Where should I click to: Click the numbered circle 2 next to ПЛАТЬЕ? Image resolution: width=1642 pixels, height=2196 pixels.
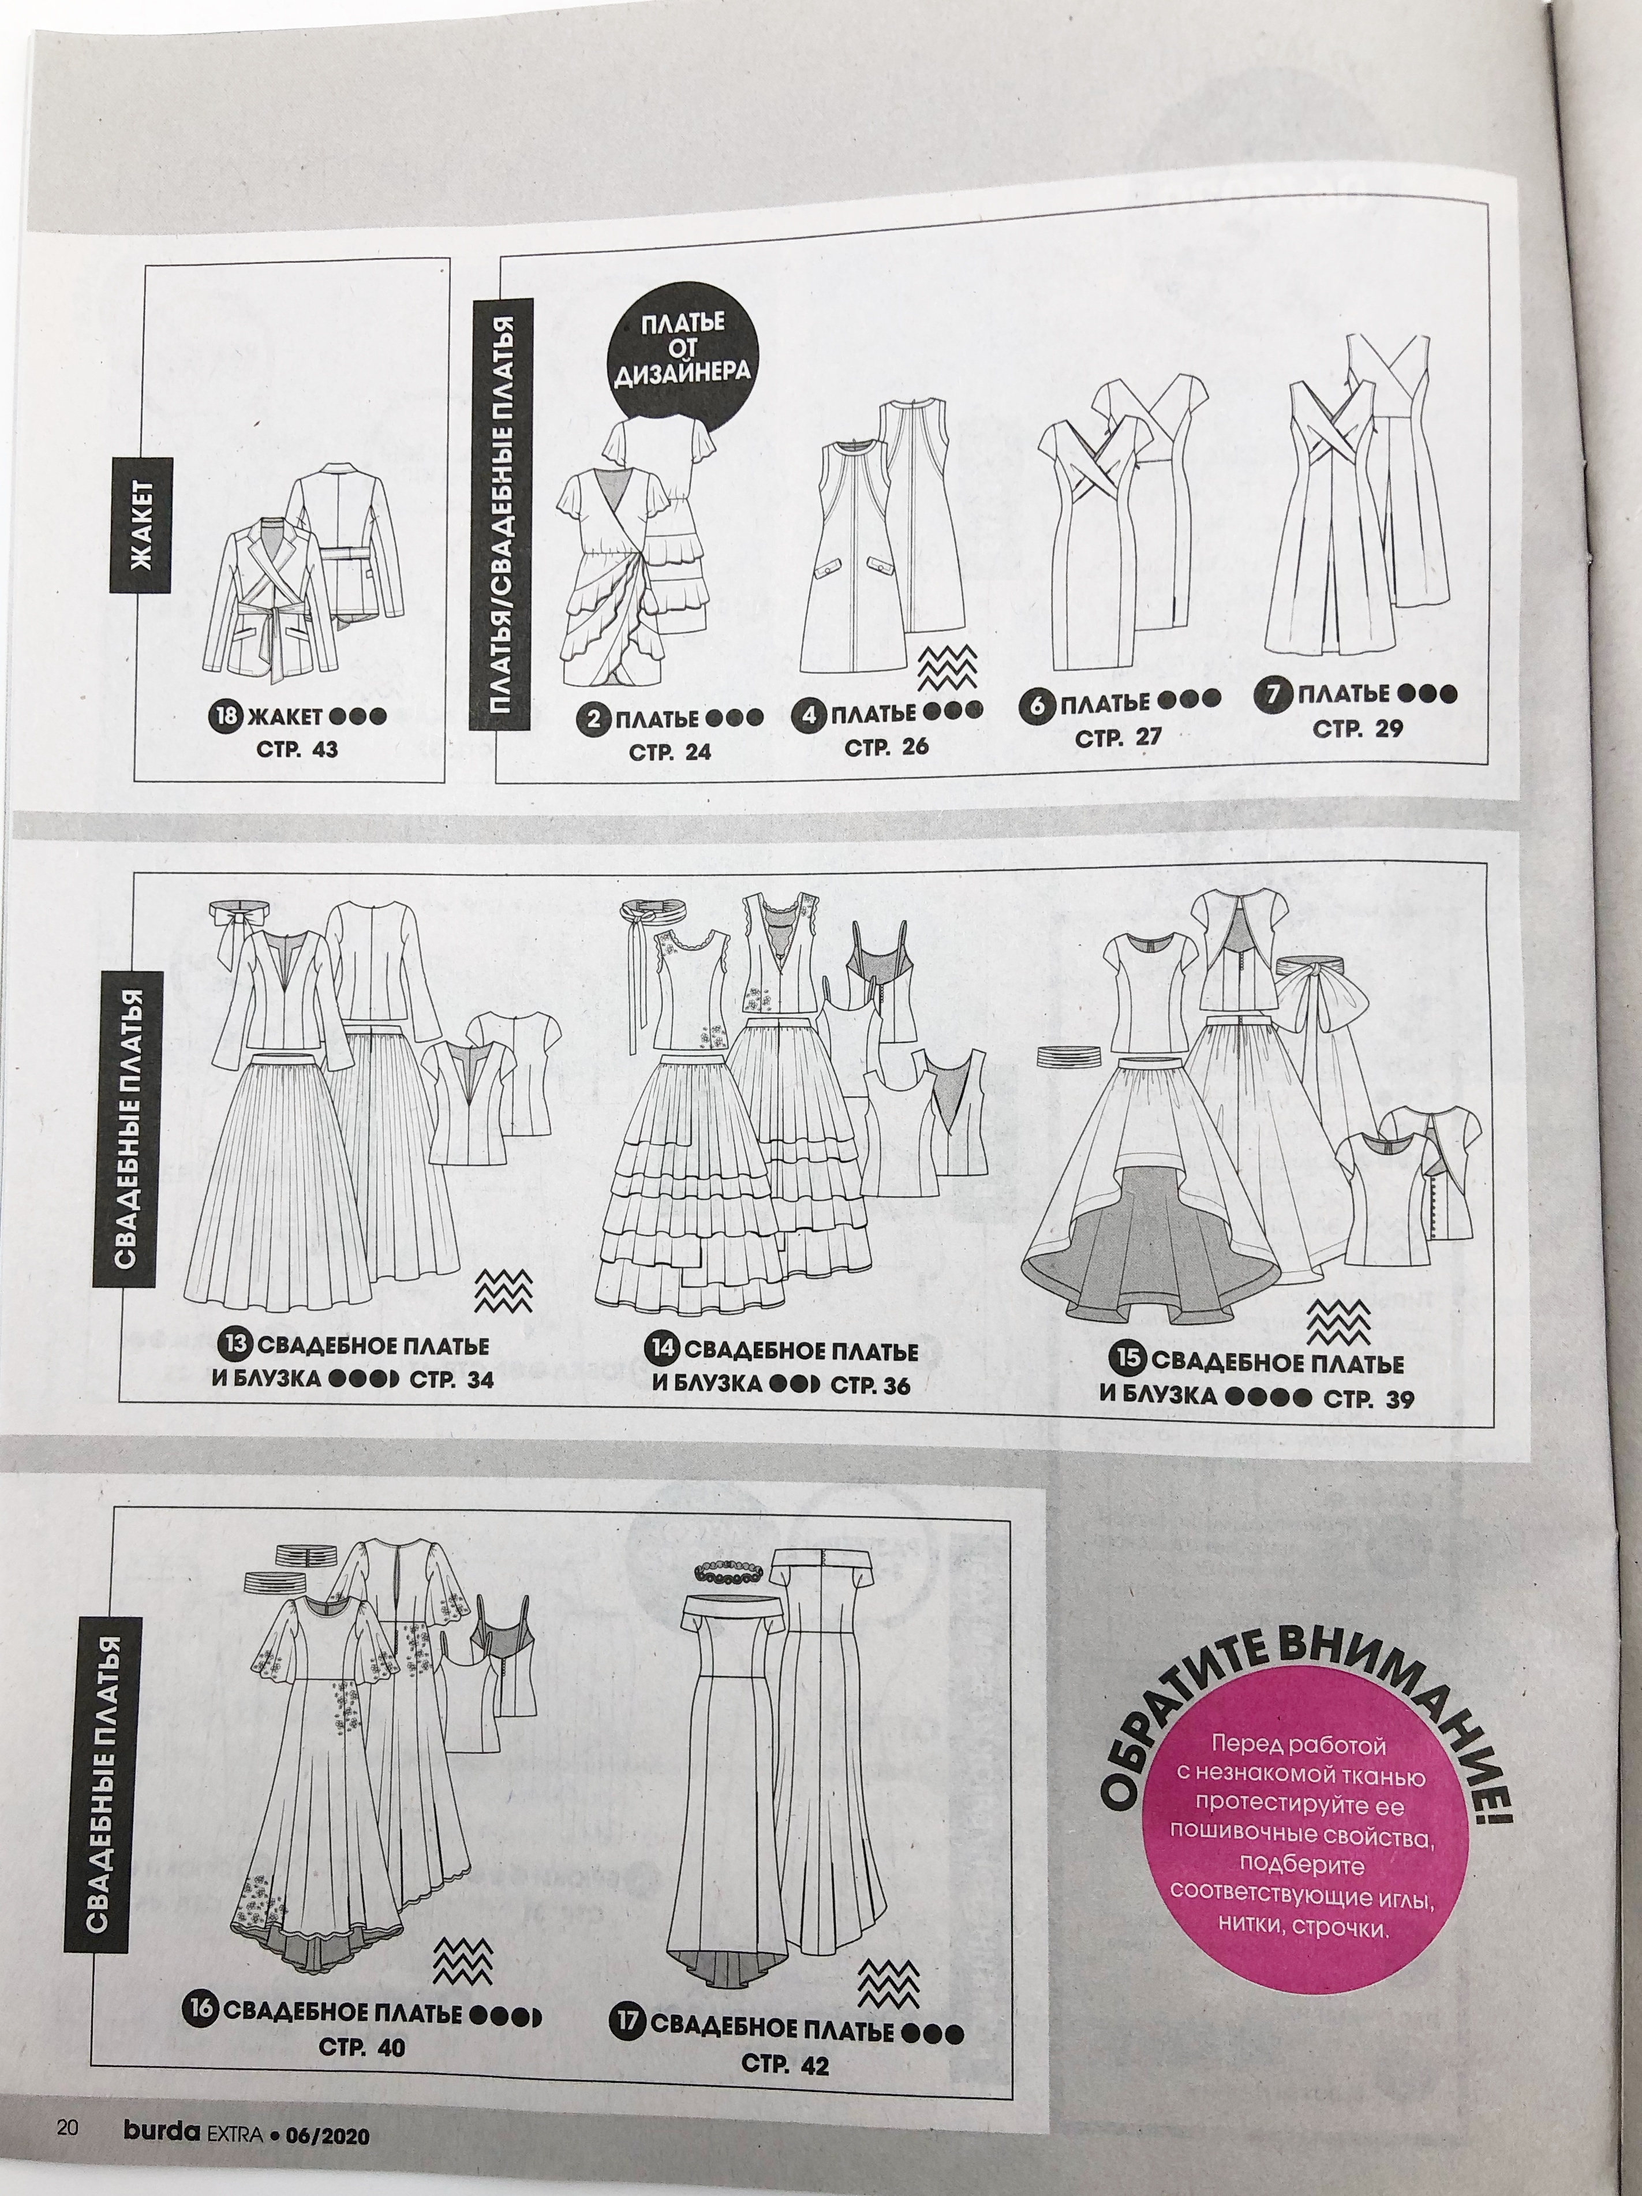pos(593,720)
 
